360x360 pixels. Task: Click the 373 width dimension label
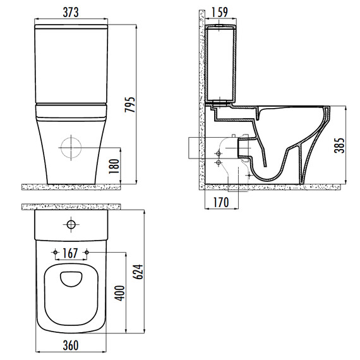coord(71,13)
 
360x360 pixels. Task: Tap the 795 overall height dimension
coord(130,105)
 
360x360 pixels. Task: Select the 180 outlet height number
coord(114,166)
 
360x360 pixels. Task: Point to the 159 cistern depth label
coord(220,13)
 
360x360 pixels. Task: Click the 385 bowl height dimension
coord(339,145)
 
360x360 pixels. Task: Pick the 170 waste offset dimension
coord(221,202)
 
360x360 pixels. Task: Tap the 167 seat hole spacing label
coord(70,253)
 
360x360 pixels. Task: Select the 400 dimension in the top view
coord(120,293)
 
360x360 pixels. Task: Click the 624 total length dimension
coord(138,272)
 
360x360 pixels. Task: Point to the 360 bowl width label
coord(71,345)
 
